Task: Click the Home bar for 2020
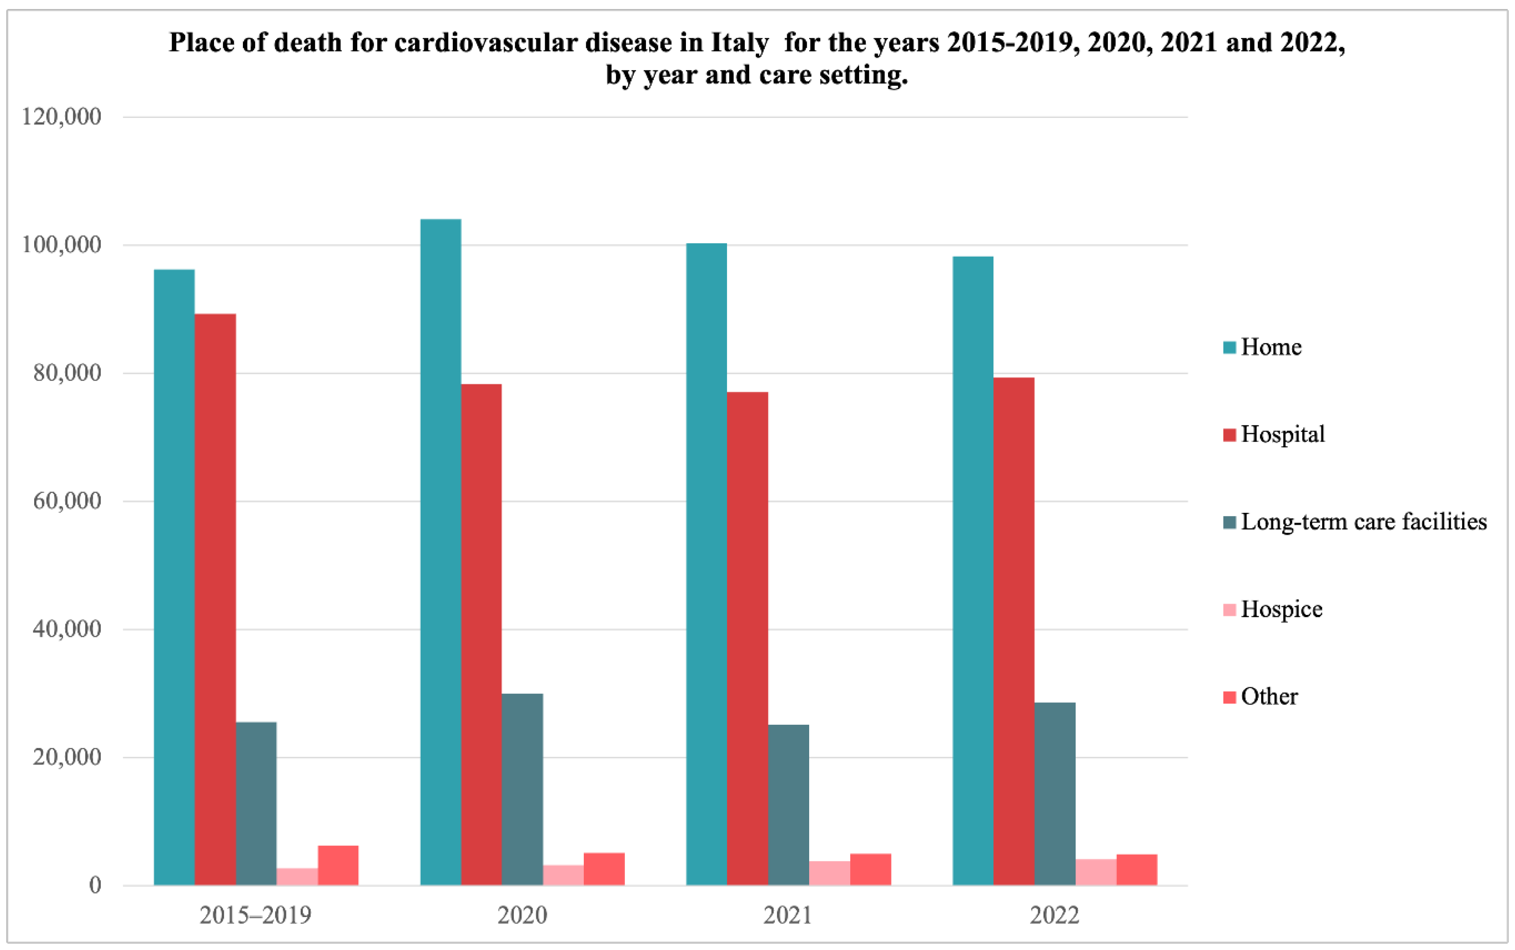(x=441, y=552)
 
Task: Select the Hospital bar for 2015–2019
(x=216, y=600)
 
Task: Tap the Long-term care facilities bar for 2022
(x=1055, y=794)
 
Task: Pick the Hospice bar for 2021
(x=830, y=874)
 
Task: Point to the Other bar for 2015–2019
(x=338, y=866)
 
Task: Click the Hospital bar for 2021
(x=748, y=639)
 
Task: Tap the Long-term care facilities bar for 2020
(x=522, y=790)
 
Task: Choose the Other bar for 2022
(x=1137, y=870)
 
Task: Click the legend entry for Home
(x=1263, y=347)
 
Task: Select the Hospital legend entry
(x=1274, y=434)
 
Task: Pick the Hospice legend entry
(x=1273, y=609)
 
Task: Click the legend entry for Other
(x=1260, y=696)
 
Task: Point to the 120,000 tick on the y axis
(x=61, y=117)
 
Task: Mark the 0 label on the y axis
(x=95, y=885)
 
